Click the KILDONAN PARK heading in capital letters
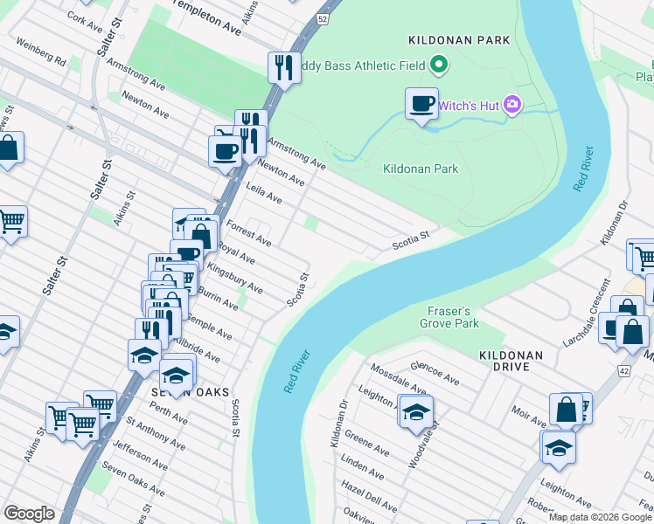point(447,40)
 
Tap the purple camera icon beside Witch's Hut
point(512,106)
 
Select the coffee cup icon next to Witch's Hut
point(421,104)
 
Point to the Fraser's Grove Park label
point(454,317)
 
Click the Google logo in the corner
point(29,514)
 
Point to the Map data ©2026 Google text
point(599,517)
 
